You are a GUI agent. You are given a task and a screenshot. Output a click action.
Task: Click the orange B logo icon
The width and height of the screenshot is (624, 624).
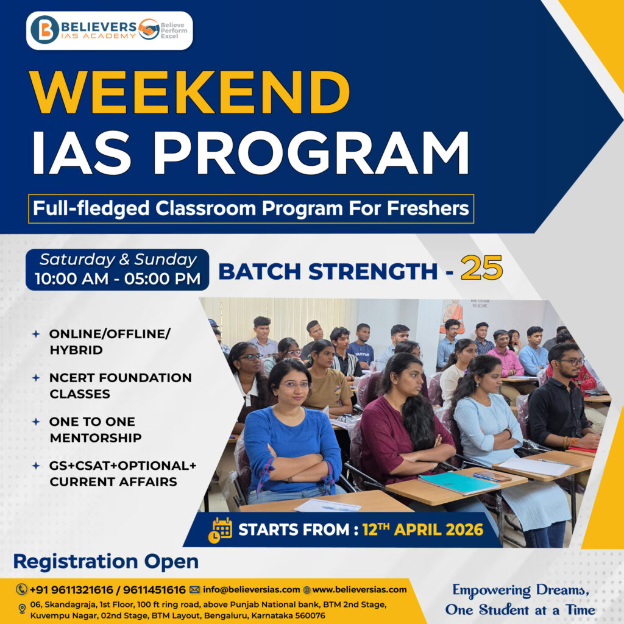click(44, 30)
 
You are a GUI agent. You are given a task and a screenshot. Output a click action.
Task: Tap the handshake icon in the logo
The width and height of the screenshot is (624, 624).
click(149, 29)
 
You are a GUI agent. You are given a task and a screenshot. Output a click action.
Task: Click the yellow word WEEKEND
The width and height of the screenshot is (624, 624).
click(190, 93)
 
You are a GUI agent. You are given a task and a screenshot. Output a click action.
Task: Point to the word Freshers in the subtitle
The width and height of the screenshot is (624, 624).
click(428, 208)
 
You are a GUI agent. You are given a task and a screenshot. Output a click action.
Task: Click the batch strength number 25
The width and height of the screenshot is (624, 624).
click(481, 268)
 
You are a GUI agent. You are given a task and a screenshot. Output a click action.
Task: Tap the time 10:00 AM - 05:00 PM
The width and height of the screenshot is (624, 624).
click(118, 278)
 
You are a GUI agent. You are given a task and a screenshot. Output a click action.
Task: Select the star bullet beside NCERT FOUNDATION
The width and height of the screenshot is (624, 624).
click(36, 378)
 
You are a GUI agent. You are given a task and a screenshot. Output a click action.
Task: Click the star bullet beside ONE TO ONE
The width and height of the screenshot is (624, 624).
click(36, 422)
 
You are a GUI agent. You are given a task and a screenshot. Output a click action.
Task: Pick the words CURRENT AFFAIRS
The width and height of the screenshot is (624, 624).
click(113, 481)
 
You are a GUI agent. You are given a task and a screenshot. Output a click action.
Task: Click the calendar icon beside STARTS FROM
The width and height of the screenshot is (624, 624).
click(220, 530)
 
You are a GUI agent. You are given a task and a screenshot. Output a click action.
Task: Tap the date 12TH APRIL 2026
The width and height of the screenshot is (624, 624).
click(423, 530)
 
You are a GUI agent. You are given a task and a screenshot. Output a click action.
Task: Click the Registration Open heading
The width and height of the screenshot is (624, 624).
click(106, 561)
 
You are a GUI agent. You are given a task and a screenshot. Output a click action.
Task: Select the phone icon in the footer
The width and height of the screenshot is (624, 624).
click(21, 589)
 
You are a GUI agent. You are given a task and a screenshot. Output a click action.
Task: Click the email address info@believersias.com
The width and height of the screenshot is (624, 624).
click(251, 590)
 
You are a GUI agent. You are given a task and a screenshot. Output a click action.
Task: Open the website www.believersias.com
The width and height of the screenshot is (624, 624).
click(360, 590)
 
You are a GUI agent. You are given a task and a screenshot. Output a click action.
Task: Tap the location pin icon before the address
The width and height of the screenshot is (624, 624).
click(23, 609)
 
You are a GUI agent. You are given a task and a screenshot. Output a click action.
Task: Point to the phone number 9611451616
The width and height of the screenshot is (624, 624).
click(154, 590)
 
